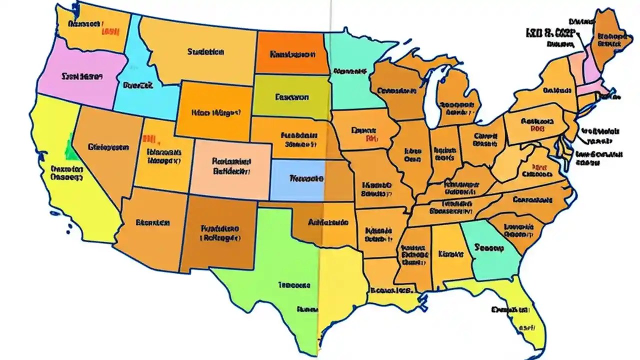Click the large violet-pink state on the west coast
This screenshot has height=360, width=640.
pyautogui.click(x=75, y=75)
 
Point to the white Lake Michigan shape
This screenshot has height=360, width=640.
pyautogui.click(x=431, y=97)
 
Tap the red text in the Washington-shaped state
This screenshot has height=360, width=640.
pyautogui.click(x=109, y=31)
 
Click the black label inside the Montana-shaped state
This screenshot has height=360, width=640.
pyautogui.click(x=205, y=51)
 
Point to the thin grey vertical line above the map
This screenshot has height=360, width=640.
pyautogui.click(x=330, y=15)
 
